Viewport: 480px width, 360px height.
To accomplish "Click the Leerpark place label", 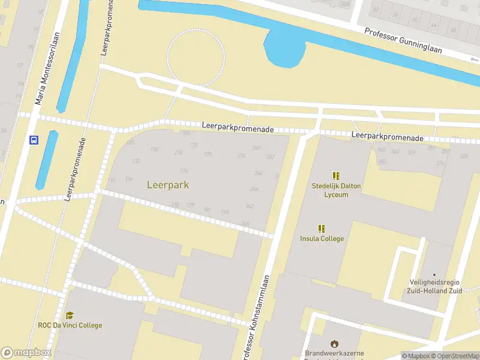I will (x=168, y=185).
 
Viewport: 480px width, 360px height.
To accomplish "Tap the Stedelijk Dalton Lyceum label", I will (x=336, y=190).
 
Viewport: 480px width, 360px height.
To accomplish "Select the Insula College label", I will (x=322, y=238).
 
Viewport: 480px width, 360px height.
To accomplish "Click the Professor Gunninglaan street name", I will (x=403, y=40).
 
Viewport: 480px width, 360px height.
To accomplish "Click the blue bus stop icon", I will (x=34, y=140).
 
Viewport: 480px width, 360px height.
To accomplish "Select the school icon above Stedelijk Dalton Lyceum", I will (x=336, y=176).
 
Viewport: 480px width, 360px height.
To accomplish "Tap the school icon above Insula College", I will (x=322, y=228).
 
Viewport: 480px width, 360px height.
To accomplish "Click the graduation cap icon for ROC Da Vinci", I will (x=70, y=315).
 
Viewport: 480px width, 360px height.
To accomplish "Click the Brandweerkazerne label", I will (x=334, y=353).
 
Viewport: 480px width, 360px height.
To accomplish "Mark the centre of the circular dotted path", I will (x=196, y=57).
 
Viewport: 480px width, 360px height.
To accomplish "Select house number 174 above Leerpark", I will (x=184, y=171).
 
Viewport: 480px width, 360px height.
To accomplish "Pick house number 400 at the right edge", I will (x=463, y=156).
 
